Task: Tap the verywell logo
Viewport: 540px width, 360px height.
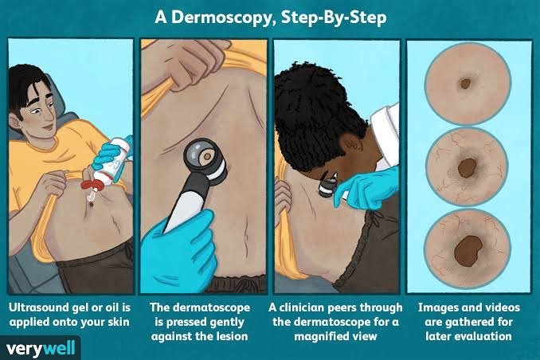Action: pyautogui.click(x=41, y=348)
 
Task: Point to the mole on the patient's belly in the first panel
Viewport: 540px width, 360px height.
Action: pyautogui.click(x=92, y=205)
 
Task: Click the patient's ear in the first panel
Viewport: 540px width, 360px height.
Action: pyautogui.click(x=15, y=120)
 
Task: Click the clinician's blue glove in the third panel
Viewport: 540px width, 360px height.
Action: pyautogui.click(x=369, y=188)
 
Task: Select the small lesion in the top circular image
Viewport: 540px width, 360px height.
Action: pyautogui.click(x=465, y=84)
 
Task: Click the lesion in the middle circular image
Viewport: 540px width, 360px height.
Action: pyautogui.click(x=467, y=169)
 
